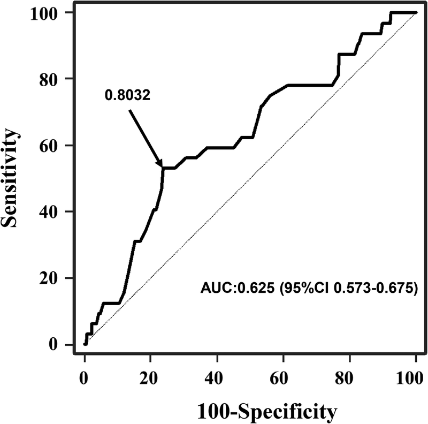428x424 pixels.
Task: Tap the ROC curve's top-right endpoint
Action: point(416,12)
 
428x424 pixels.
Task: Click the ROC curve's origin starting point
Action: point(85,344)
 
